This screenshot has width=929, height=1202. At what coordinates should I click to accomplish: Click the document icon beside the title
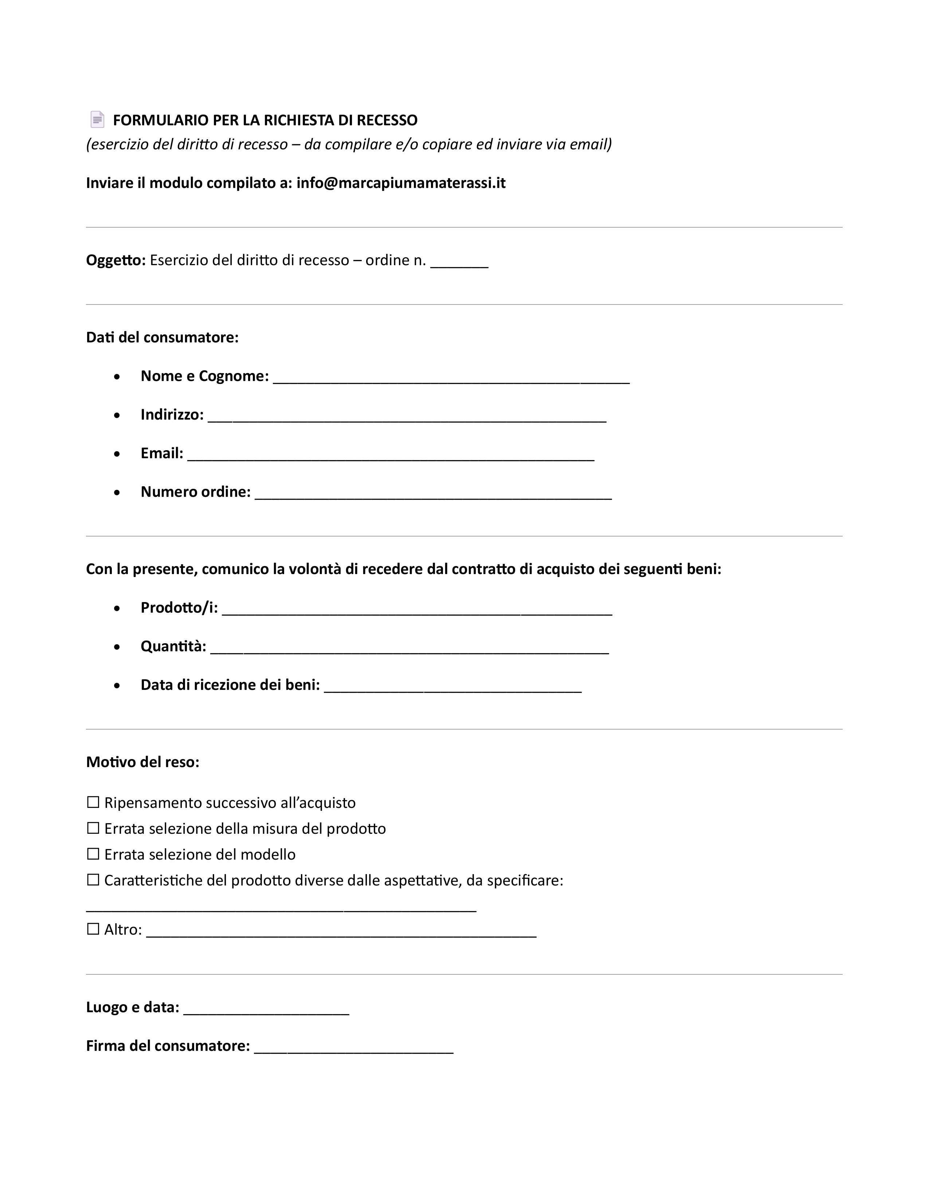tap(97, 119)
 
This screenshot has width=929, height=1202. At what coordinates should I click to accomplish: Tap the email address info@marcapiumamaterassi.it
tap(401, 183)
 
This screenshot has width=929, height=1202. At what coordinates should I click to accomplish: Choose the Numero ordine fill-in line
tap(433, 494)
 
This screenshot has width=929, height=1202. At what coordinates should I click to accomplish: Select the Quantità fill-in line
tap(409, 648)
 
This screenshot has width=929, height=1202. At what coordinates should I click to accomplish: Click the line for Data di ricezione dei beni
tap(452, 687)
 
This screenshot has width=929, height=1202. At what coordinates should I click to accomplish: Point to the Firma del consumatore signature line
tap(353, 1048)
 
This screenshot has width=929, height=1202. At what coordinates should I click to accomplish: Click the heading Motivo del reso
tap(142, 762)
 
